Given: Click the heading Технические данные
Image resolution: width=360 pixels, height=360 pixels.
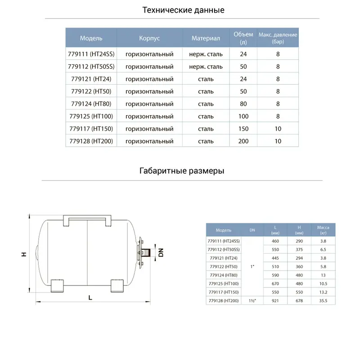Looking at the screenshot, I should pos(183,10).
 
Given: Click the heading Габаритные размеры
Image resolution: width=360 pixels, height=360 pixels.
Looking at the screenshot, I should pos(182,171).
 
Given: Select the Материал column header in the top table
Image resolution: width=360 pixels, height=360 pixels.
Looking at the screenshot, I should pos(206,38).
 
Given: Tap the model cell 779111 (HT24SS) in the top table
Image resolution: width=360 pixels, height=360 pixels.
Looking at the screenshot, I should pos(91,54).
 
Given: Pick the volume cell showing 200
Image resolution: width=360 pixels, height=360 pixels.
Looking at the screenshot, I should pos(243,141).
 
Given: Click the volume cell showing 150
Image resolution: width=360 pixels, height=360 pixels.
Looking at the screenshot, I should pos(243,129).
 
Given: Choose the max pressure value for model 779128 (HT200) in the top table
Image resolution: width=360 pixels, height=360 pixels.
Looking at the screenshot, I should pos(278,141).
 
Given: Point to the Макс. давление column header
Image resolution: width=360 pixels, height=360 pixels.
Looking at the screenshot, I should pos(278,38).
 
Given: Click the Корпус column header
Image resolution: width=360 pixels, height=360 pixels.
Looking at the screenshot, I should pos(149,38).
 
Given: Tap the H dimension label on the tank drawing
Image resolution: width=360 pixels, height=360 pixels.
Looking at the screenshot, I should pos(23,255).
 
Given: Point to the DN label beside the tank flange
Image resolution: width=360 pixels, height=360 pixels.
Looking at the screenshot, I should pos(161,253).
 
